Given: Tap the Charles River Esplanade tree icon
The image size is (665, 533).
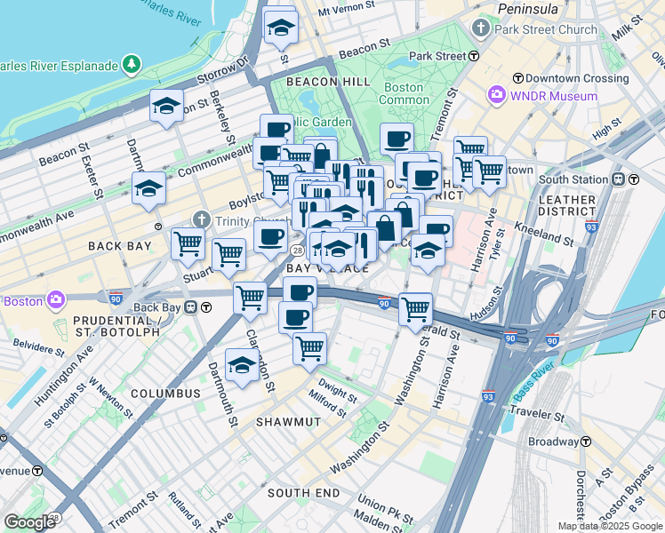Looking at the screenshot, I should (x=132, y=65).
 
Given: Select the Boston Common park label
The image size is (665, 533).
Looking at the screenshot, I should (x=404, y=93).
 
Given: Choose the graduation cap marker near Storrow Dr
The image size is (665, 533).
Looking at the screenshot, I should (x=166, y=107).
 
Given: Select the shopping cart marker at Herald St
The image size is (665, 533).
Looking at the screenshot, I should (x=415, y=309).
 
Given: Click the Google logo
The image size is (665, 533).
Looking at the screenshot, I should (x=29, y=522).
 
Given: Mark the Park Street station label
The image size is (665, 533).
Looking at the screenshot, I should (x=437, y=56).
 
